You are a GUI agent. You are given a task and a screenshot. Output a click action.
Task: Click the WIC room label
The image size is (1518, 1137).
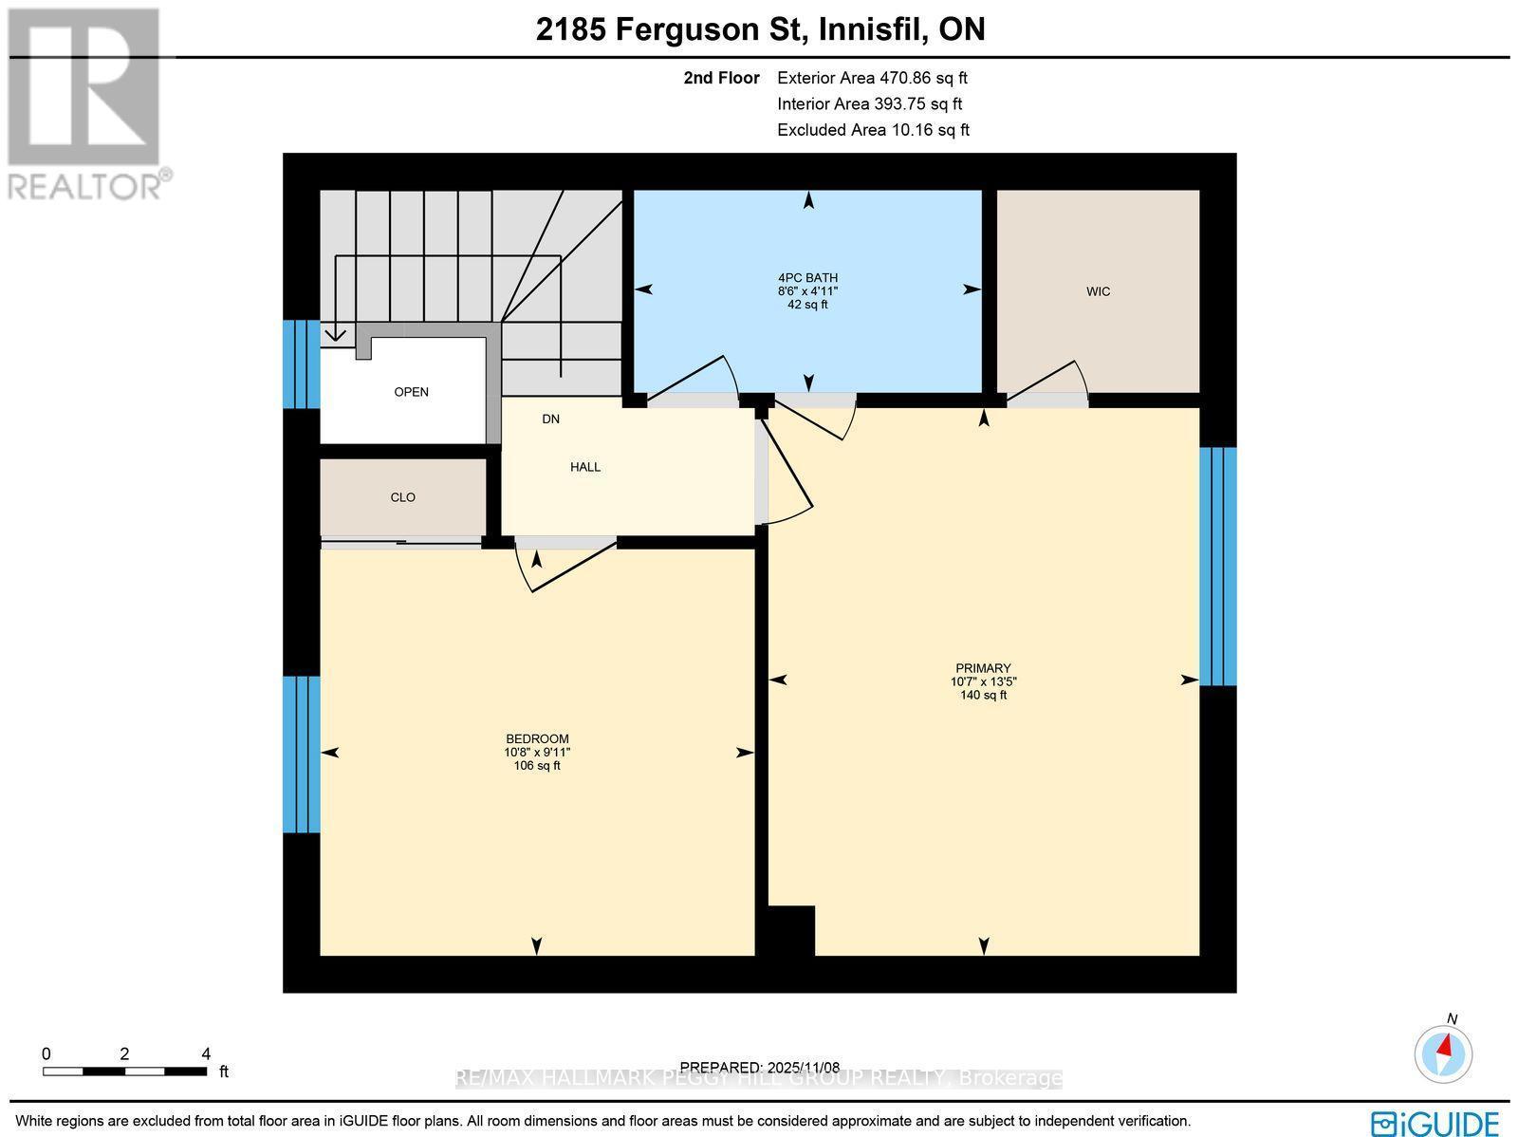tap(1098, 291)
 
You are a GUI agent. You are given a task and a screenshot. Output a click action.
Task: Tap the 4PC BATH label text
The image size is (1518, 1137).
tap(807, 278)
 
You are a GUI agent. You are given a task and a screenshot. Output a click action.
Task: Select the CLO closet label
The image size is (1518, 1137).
tap(402, 497)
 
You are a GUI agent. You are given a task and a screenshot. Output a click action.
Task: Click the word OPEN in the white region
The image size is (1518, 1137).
tap(411, 392)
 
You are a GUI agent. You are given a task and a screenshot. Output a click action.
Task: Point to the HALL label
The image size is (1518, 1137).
tap(584, 467)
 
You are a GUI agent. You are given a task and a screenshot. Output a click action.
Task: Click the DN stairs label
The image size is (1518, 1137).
tap(550, 419)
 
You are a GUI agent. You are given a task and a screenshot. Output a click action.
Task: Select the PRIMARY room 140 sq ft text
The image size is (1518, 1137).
tap(983, 695)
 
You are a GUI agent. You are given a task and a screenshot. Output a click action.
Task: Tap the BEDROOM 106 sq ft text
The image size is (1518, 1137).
tap(536, 765)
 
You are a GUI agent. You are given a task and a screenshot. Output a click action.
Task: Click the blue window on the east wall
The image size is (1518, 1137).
tap(1217, 567)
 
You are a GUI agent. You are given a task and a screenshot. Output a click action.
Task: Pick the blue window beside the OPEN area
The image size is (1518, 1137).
tap(301, 364)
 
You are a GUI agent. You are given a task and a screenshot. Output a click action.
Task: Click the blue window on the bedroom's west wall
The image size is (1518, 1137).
tap(301, 755)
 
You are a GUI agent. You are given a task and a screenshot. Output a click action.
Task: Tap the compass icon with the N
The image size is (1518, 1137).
tap(1443, 1053)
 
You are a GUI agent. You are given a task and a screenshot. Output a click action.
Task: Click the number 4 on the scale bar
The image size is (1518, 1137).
tap(206, 1053)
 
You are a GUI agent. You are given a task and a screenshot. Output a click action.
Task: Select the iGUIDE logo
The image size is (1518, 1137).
tap(1435, 1123)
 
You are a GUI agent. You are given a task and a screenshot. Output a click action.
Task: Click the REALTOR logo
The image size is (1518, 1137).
tap(85, 104)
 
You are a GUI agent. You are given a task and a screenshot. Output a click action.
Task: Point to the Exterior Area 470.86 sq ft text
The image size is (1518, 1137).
tap(871, 79)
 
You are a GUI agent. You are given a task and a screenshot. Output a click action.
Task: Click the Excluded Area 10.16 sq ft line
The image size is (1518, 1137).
tap(872, 130)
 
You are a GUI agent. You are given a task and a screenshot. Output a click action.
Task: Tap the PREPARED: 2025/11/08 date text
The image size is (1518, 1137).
tap(760, 1067)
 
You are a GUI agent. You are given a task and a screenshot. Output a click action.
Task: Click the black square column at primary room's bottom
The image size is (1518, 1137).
tap(790, 931)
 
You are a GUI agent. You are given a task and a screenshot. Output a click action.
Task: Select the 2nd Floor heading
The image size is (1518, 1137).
tap(721, 79)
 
